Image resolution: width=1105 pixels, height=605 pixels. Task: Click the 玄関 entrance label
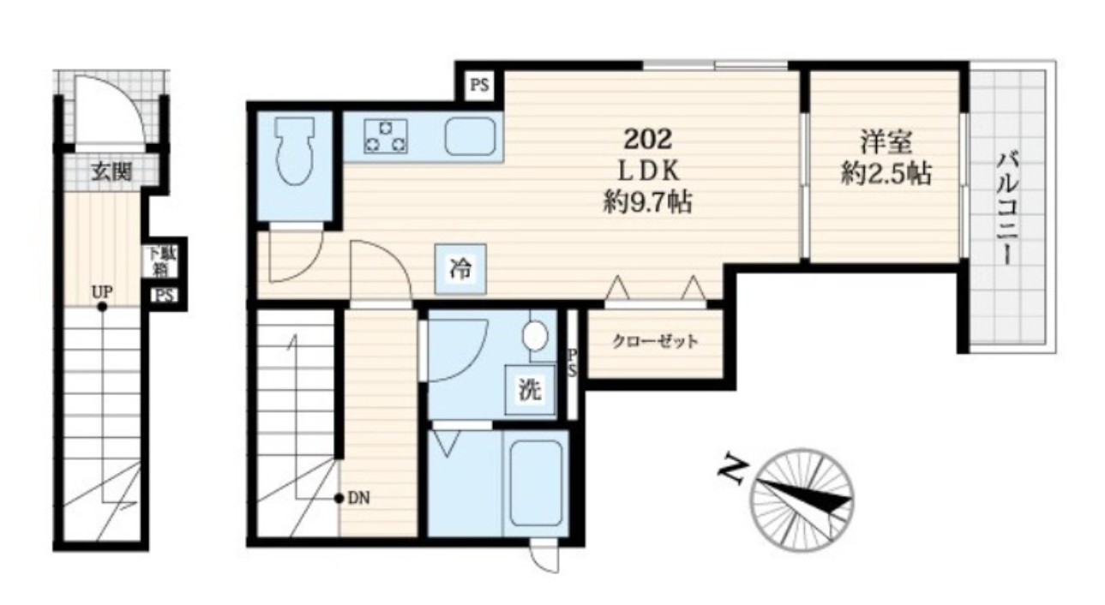point(112,171)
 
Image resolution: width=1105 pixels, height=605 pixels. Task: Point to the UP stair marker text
point(102,292)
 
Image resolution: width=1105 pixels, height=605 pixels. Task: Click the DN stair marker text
point(358,498)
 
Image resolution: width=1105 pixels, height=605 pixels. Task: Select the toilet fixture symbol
point(295,151)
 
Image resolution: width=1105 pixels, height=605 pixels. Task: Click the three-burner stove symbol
point(385,135)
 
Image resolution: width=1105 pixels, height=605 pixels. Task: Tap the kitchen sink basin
point(470,136)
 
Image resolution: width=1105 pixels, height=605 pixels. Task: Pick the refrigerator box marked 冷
point(460,269)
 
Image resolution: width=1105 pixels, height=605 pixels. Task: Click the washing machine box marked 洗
point(530,390)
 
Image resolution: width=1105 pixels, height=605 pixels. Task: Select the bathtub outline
point(536,483)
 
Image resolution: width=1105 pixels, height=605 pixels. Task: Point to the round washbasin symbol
point(535,336)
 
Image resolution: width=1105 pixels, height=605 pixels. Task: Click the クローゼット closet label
point(655,342)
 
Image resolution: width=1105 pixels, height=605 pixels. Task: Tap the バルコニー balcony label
point(1008,210)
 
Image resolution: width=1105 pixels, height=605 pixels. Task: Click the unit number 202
point(648,140)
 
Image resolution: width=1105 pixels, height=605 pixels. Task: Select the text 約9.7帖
point(648,201)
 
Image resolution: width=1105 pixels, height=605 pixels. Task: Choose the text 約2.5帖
point(886,174)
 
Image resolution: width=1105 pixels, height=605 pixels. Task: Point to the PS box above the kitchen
point(479,85)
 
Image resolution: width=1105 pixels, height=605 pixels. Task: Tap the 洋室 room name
point(886,142)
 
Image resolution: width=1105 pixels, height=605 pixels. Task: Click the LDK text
point(649,171)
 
